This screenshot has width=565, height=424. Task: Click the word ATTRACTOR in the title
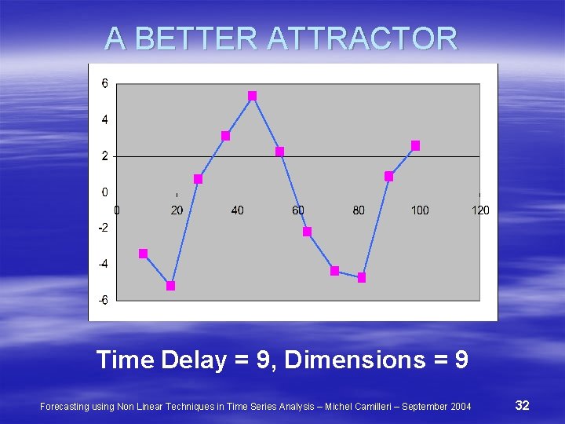point(362,38)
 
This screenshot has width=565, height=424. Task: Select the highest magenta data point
point(252,96)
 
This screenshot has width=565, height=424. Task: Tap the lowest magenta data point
point(171,286)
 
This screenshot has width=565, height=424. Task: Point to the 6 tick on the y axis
point(104,84)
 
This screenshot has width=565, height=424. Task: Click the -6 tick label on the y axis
point(103,300)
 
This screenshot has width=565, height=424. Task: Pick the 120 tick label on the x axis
point(480,210)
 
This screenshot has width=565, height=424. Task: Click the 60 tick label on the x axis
point(298,210)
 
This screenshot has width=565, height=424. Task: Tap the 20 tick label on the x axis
point(177,210)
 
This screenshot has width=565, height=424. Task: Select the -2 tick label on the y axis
point(103,228)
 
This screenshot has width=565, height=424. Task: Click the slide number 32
point(522,405)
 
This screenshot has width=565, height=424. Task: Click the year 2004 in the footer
point(461,406)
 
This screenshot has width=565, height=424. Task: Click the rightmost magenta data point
point(416,145)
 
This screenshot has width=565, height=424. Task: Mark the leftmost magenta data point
point(144,254)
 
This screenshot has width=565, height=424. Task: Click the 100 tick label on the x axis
point(420,210)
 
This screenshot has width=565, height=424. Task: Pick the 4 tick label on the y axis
point(104,120)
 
